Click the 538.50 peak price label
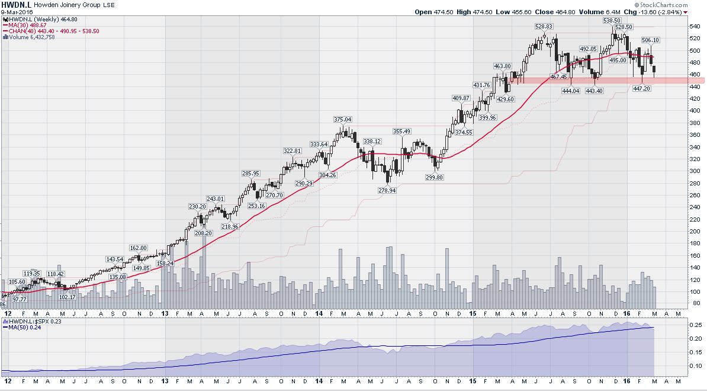pyautogui.click(x=612, y=20)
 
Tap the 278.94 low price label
pyautogui.click(x=387, y=190)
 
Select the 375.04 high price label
pyautogui.click(x=342, y=120)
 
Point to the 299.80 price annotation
pyautogui.click(x=435, y=177)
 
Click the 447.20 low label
pyautogui.click(x=642, y=88)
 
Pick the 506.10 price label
pyautogui.click(x=650, y=40)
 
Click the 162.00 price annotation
pyautogui.click(x=138, y=248)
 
